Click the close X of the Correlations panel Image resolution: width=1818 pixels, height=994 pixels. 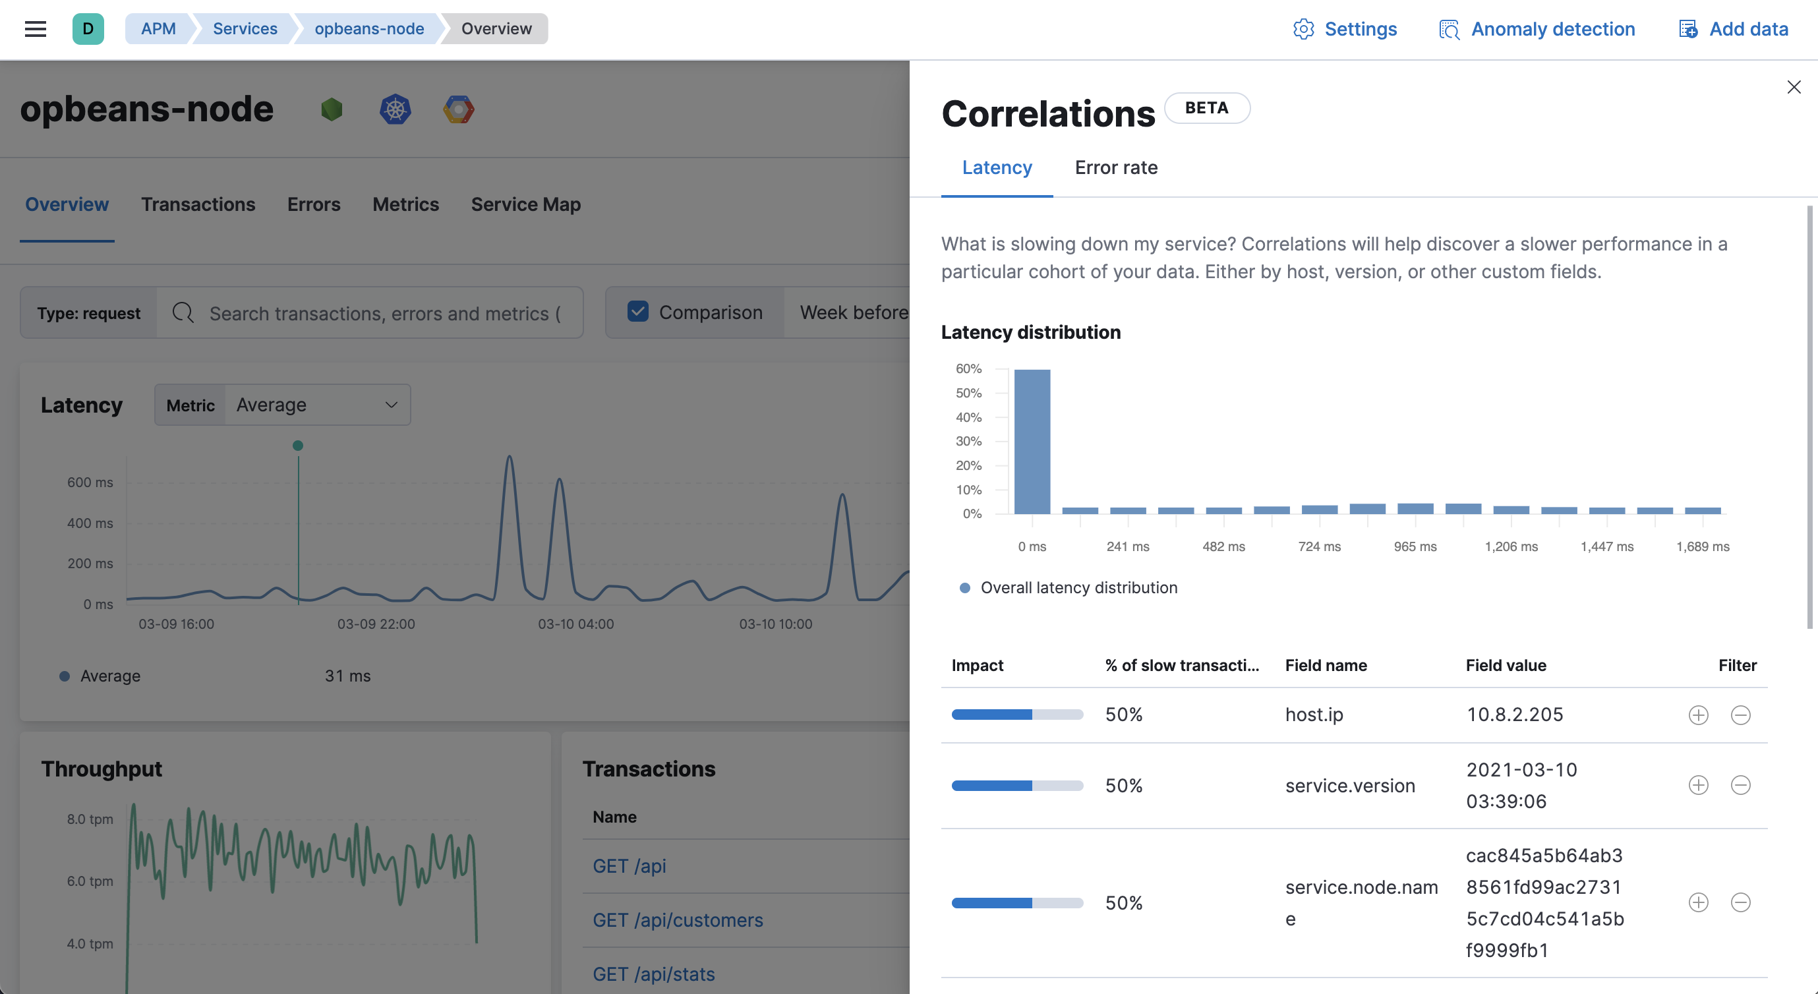click(1794, 87)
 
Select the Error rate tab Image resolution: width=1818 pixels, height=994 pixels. click(1116, 168)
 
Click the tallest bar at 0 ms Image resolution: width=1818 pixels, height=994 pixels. click(1032, 441)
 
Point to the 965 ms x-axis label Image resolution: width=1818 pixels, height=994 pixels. click(1415, 546)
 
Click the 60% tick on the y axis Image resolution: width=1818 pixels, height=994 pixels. click(968, 368)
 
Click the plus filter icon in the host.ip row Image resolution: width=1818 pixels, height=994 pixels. click(1698, 715)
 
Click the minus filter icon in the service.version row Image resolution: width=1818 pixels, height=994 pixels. click(1740, 785)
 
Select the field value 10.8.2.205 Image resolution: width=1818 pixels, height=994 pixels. click(1515, 715)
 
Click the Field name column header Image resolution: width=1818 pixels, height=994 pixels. click(1326, 666)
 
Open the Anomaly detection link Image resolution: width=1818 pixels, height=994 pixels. click(1552, 29)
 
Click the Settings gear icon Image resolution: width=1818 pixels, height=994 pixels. click(1303, 29)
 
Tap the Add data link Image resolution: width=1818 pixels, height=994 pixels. click(1748, 29)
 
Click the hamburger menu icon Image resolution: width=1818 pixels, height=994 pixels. click(36, 29)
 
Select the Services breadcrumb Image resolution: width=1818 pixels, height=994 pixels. click(245, 29)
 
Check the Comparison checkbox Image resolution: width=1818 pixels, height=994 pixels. click(638, 312)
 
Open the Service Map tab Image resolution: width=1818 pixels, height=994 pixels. click(526, 205)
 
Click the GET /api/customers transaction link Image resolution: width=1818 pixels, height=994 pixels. click(678, 920)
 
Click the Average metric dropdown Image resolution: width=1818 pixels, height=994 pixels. click(317, 405)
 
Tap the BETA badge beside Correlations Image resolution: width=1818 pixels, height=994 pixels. click(1206, 108)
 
